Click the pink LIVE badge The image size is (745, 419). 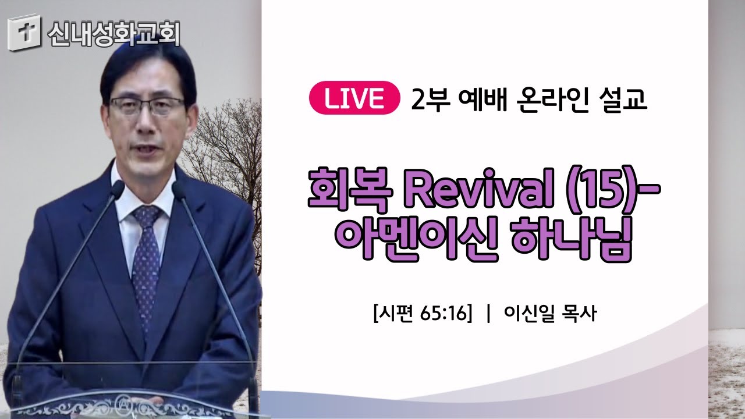coord(354,98)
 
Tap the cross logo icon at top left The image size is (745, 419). coord(24,33)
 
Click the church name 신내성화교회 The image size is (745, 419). coord(113,34)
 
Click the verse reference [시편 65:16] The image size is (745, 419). coord(423,313)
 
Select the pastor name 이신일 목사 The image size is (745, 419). coord(551,313)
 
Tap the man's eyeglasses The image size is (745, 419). coord(147,106)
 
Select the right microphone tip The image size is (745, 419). coord(179,189)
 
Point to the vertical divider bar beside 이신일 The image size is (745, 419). coord(488,314)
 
